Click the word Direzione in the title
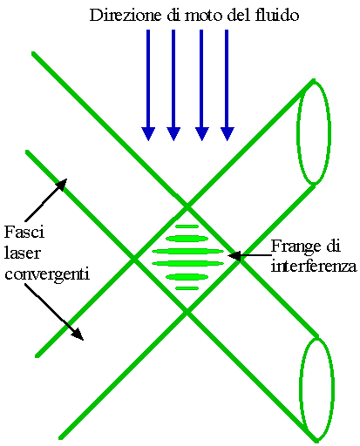tap(126, 15)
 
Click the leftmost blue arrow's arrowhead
tap(148, 134)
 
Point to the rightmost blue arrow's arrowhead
tap(228, 134)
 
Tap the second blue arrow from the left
tap(173, 85)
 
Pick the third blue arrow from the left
tap(202, 85)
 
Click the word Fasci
tap(24, 232)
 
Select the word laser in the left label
tap(22, 253)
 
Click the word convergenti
tap(47, 274)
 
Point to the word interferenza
tap(314, 266)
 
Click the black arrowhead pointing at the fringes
tap(234, 256)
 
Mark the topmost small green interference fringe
tap(187, 226)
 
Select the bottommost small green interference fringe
tap(187, 288)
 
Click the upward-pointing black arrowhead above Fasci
tap(62, 184)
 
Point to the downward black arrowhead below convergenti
tap(78, 334)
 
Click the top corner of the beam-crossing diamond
tap(187, 206)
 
